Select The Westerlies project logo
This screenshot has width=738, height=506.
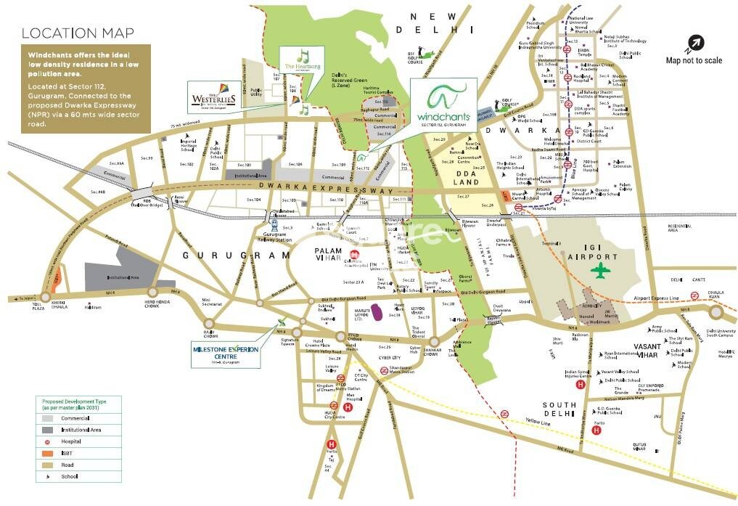pyautogui.click(x=212, y=97)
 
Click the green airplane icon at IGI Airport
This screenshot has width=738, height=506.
pyautogui.click(x=601, y=272)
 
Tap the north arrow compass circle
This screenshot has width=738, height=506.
pyautogui.click(x=694, y=42)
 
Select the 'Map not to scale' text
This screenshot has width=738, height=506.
pyautogui.click(x=694, y=60)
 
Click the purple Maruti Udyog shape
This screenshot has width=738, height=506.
pyautogui.click(x=378, y=313)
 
